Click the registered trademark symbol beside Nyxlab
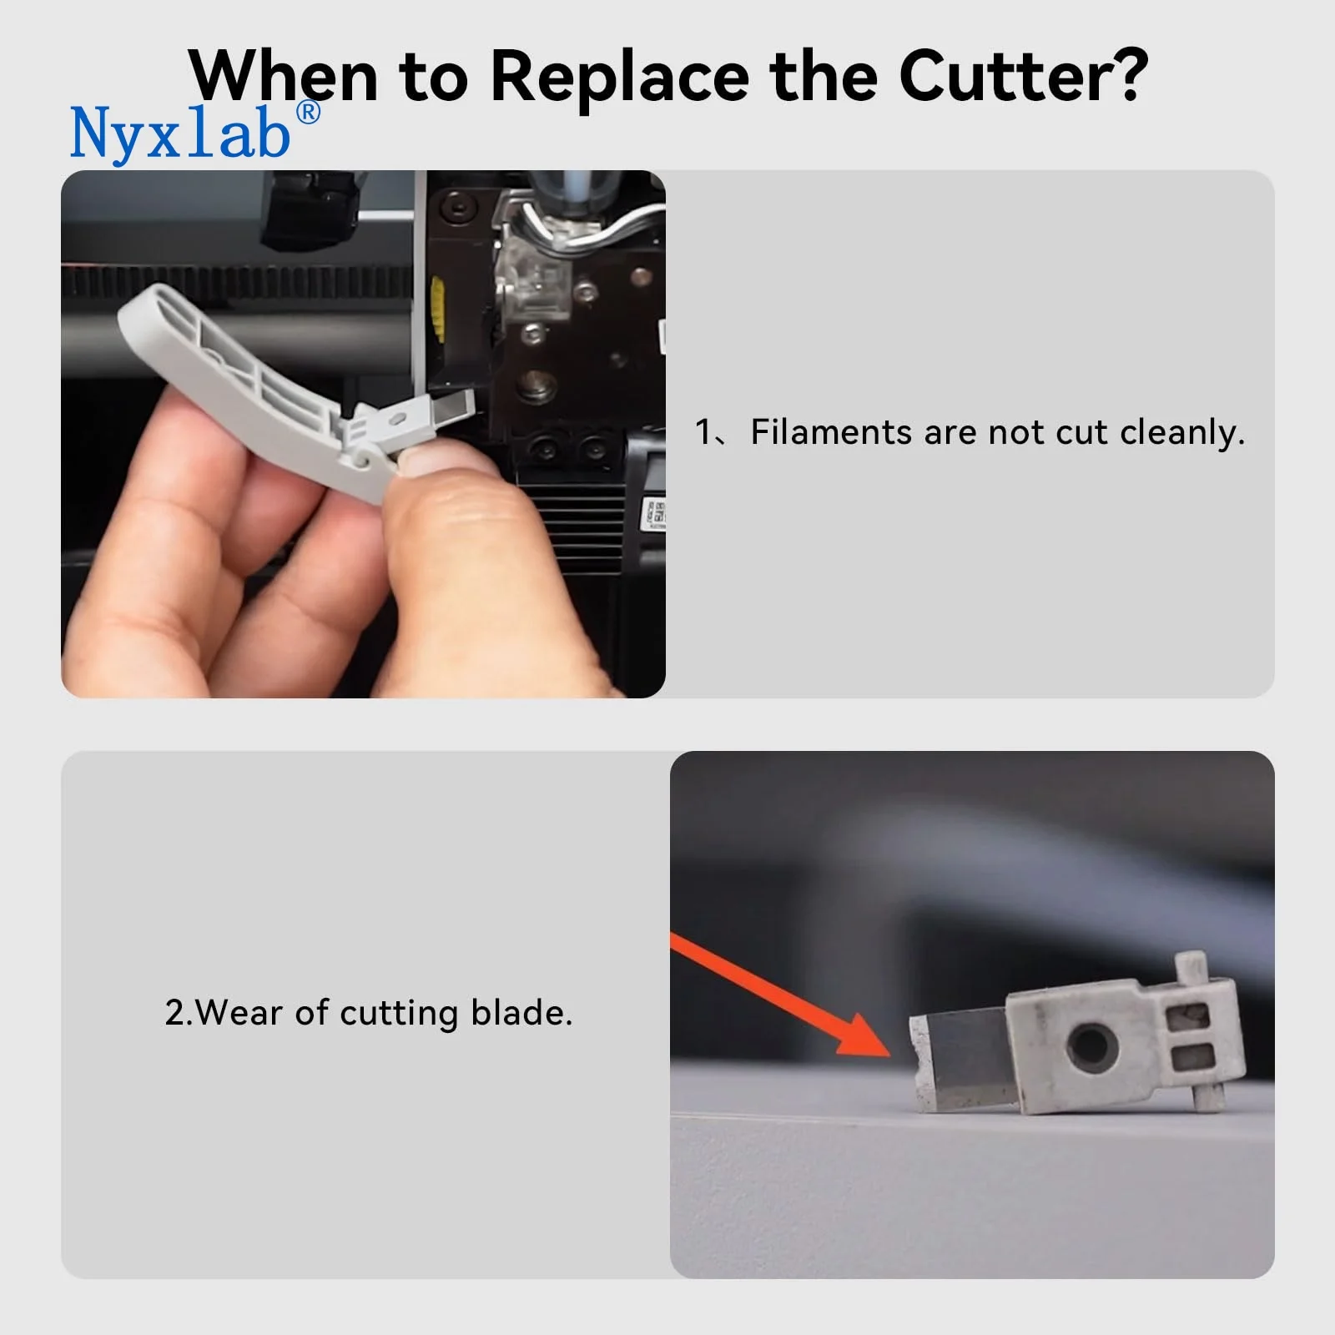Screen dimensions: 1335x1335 click(308, 113)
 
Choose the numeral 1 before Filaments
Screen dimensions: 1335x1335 click(703, 432)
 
